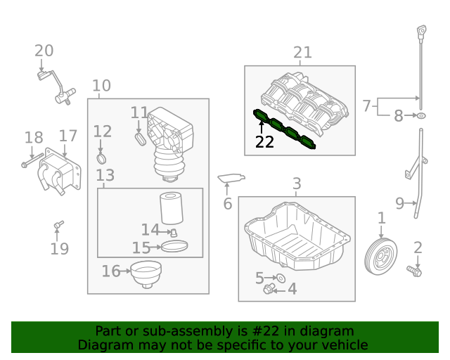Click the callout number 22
(x=264, y=142)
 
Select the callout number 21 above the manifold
(x=302, y=52)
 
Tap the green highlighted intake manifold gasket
(x=285, y=129)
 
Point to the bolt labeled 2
(x=415, y=270)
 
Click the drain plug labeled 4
(x=269, y=288)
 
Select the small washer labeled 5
(x=280, y=278)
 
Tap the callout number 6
(x=227, y=204)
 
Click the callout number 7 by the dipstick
(x=366, y=105)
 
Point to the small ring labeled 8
(x=420, y=115)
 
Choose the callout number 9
(x=399, y=204)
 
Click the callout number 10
(x=101, y=86)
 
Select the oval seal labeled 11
(x=139, y=139)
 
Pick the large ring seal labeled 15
(x=175, y=246)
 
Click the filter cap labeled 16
(x=146, y=274)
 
